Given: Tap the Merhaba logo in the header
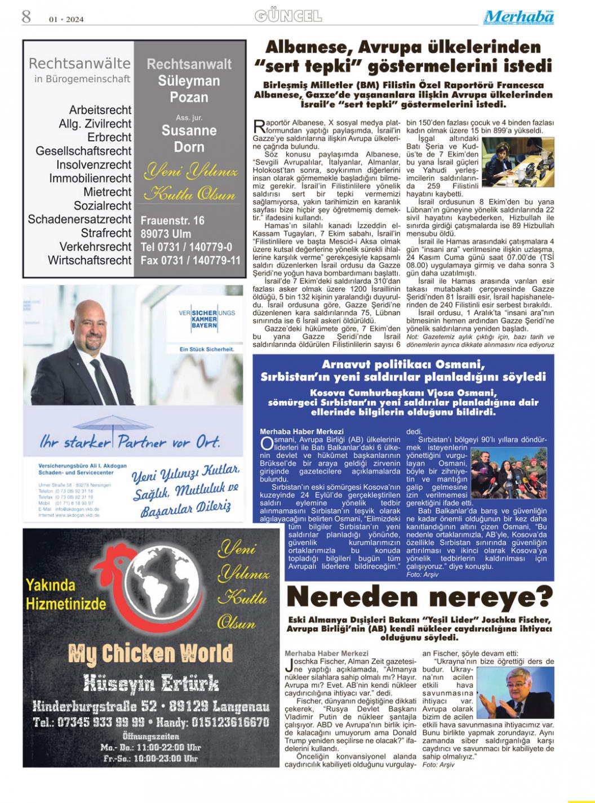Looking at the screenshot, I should tap(518, 17).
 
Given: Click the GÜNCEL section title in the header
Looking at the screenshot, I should tap(288, 16).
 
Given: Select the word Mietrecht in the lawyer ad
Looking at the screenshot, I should tap(106, 192).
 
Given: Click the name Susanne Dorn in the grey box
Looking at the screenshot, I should tap(189, 139).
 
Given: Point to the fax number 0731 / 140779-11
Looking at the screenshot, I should tap(190, 260).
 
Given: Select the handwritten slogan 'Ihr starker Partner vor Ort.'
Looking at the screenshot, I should tap(130, 441).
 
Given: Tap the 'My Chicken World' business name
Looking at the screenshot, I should tap(150, 653).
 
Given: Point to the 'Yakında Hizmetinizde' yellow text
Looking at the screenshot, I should tap(65, 595).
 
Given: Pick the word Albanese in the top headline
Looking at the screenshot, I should tap(319, 47).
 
